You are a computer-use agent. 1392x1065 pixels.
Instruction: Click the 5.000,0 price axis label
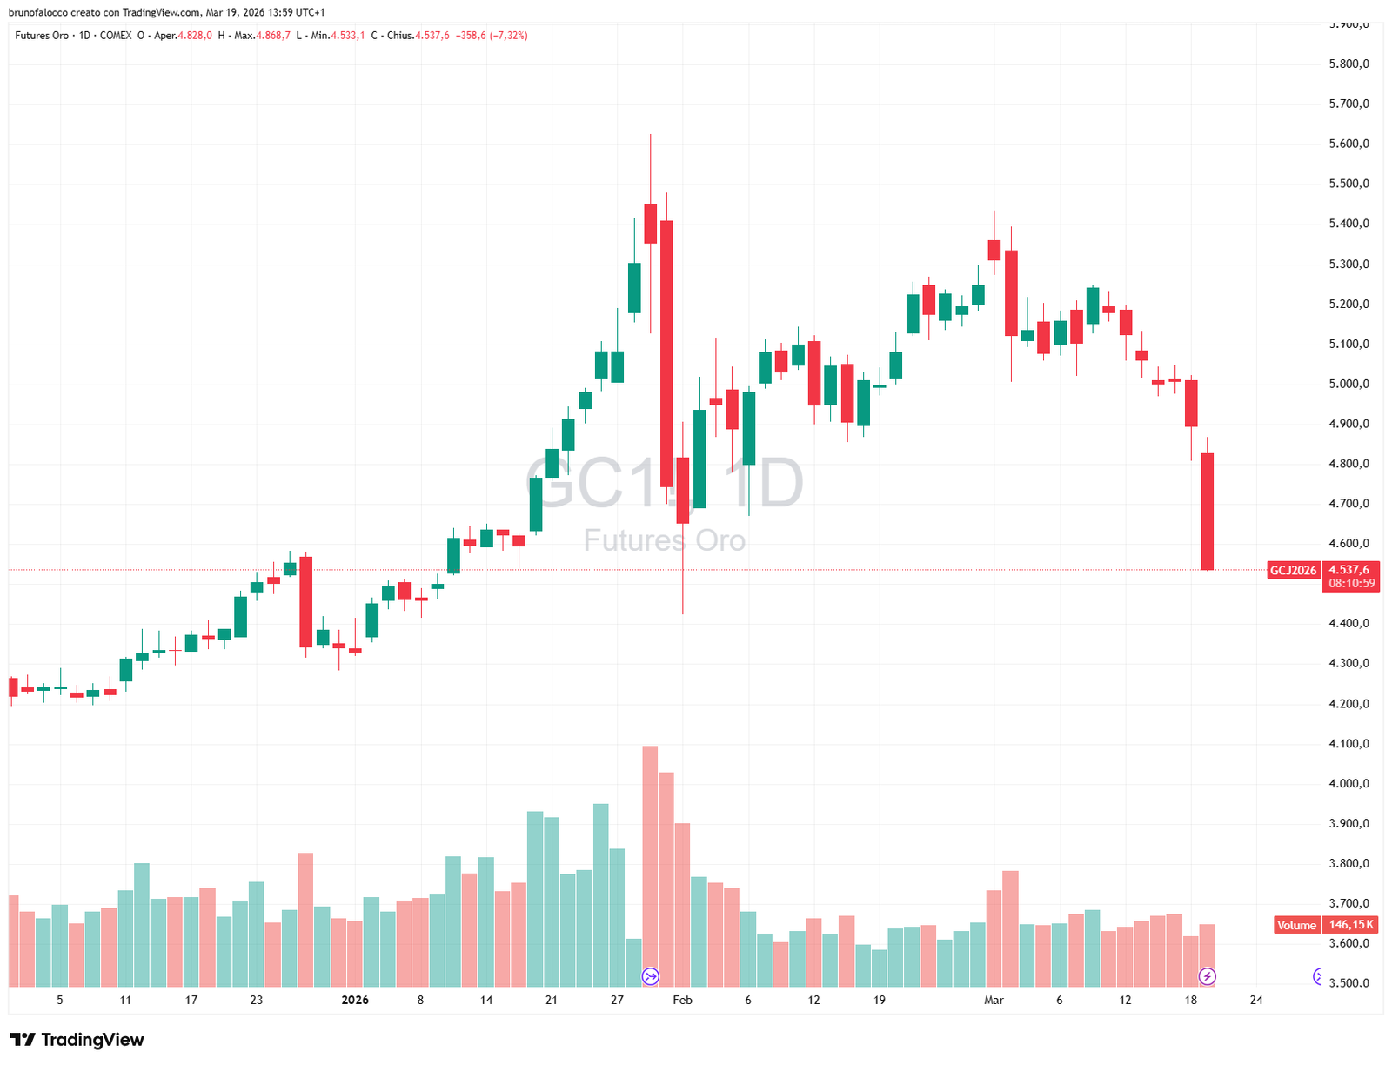[x=1348, y=384]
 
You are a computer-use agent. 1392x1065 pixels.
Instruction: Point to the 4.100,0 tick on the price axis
[x=1348, y=744]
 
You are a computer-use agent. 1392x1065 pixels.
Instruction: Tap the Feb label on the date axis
[x=683, y=1000]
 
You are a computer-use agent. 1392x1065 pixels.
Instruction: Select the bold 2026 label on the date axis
[x=355, y=1000]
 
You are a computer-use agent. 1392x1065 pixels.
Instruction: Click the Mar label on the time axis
[x=994, y=1000]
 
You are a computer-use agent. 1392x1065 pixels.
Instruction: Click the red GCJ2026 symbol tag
[x=1293, y=571]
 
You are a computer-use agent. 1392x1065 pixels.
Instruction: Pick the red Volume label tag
[x=1296, y=925]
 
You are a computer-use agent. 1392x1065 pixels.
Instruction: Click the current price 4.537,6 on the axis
[x=1349, y=570]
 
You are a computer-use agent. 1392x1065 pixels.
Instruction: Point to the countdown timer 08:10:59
[x=1352, y=583]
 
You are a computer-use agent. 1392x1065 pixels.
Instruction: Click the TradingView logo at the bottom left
[x=77, y=1040]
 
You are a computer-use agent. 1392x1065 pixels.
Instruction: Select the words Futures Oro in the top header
[x=42, y=36]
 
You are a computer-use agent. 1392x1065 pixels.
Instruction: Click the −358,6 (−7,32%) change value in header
[x=492, y=36]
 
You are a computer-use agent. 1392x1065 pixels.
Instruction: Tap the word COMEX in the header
[x=116, y=36]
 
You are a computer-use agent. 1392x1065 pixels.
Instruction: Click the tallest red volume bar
[x=650, y=866]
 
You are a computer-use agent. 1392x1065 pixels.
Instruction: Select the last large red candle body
[x=1208, y=512]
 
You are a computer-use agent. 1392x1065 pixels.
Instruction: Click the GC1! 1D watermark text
[x=665, y=484]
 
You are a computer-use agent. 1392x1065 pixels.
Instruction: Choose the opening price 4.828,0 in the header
[x=195, y=36]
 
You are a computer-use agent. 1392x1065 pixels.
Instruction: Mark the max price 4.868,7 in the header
[x=273, y=36]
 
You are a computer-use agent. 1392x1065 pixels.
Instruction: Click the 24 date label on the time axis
[x=1256, y=1000]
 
